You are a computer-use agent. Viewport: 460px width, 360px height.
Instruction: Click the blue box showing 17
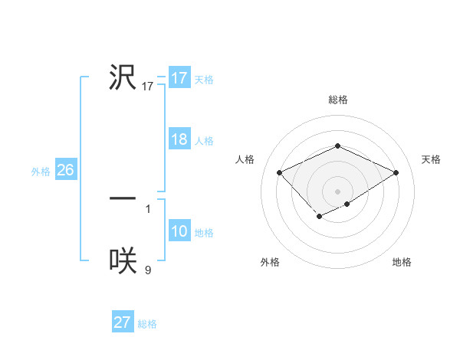(179, 78)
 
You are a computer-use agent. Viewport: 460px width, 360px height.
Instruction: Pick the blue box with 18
(179, 139)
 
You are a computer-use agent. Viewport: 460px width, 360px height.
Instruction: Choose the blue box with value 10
(179, 232)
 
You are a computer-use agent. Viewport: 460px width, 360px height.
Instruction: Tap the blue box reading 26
(66, 170)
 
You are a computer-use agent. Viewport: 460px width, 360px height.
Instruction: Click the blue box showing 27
(123, 322)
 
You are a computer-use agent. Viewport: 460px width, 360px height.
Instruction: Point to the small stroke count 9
(148, 270)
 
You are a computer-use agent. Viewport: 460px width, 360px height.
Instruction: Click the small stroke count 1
(148, 208)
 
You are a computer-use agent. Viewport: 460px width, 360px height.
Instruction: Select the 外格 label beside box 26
(41, 172)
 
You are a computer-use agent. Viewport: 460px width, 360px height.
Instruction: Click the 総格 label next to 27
(147, 324)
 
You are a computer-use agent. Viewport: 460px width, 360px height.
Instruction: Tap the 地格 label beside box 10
(204, 233)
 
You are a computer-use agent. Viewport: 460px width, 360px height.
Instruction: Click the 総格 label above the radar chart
(337, 100)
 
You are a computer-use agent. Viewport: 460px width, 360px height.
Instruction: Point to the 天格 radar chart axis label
(432, 159)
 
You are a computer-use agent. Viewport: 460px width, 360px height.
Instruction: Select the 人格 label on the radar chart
(245, 159)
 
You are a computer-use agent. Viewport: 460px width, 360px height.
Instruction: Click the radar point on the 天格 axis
(396, 173)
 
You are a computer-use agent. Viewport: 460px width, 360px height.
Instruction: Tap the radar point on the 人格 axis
(280, 173)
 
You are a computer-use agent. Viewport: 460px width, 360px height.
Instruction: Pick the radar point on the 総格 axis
(337, 146)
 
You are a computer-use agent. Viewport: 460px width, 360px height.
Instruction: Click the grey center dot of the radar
(337, 191)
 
